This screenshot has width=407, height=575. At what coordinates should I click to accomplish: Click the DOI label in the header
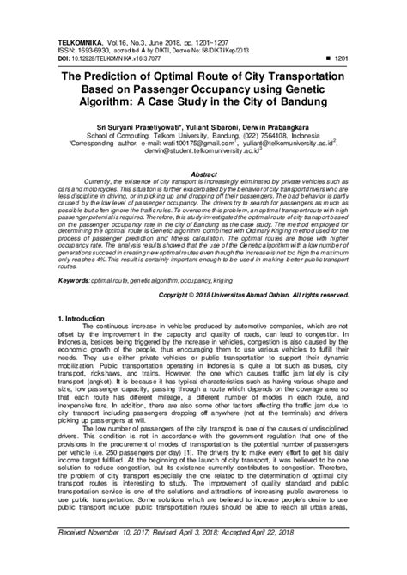tap(63, 32)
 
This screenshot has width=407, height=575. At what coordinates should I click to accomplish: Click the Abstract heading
tap(203, 172)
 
